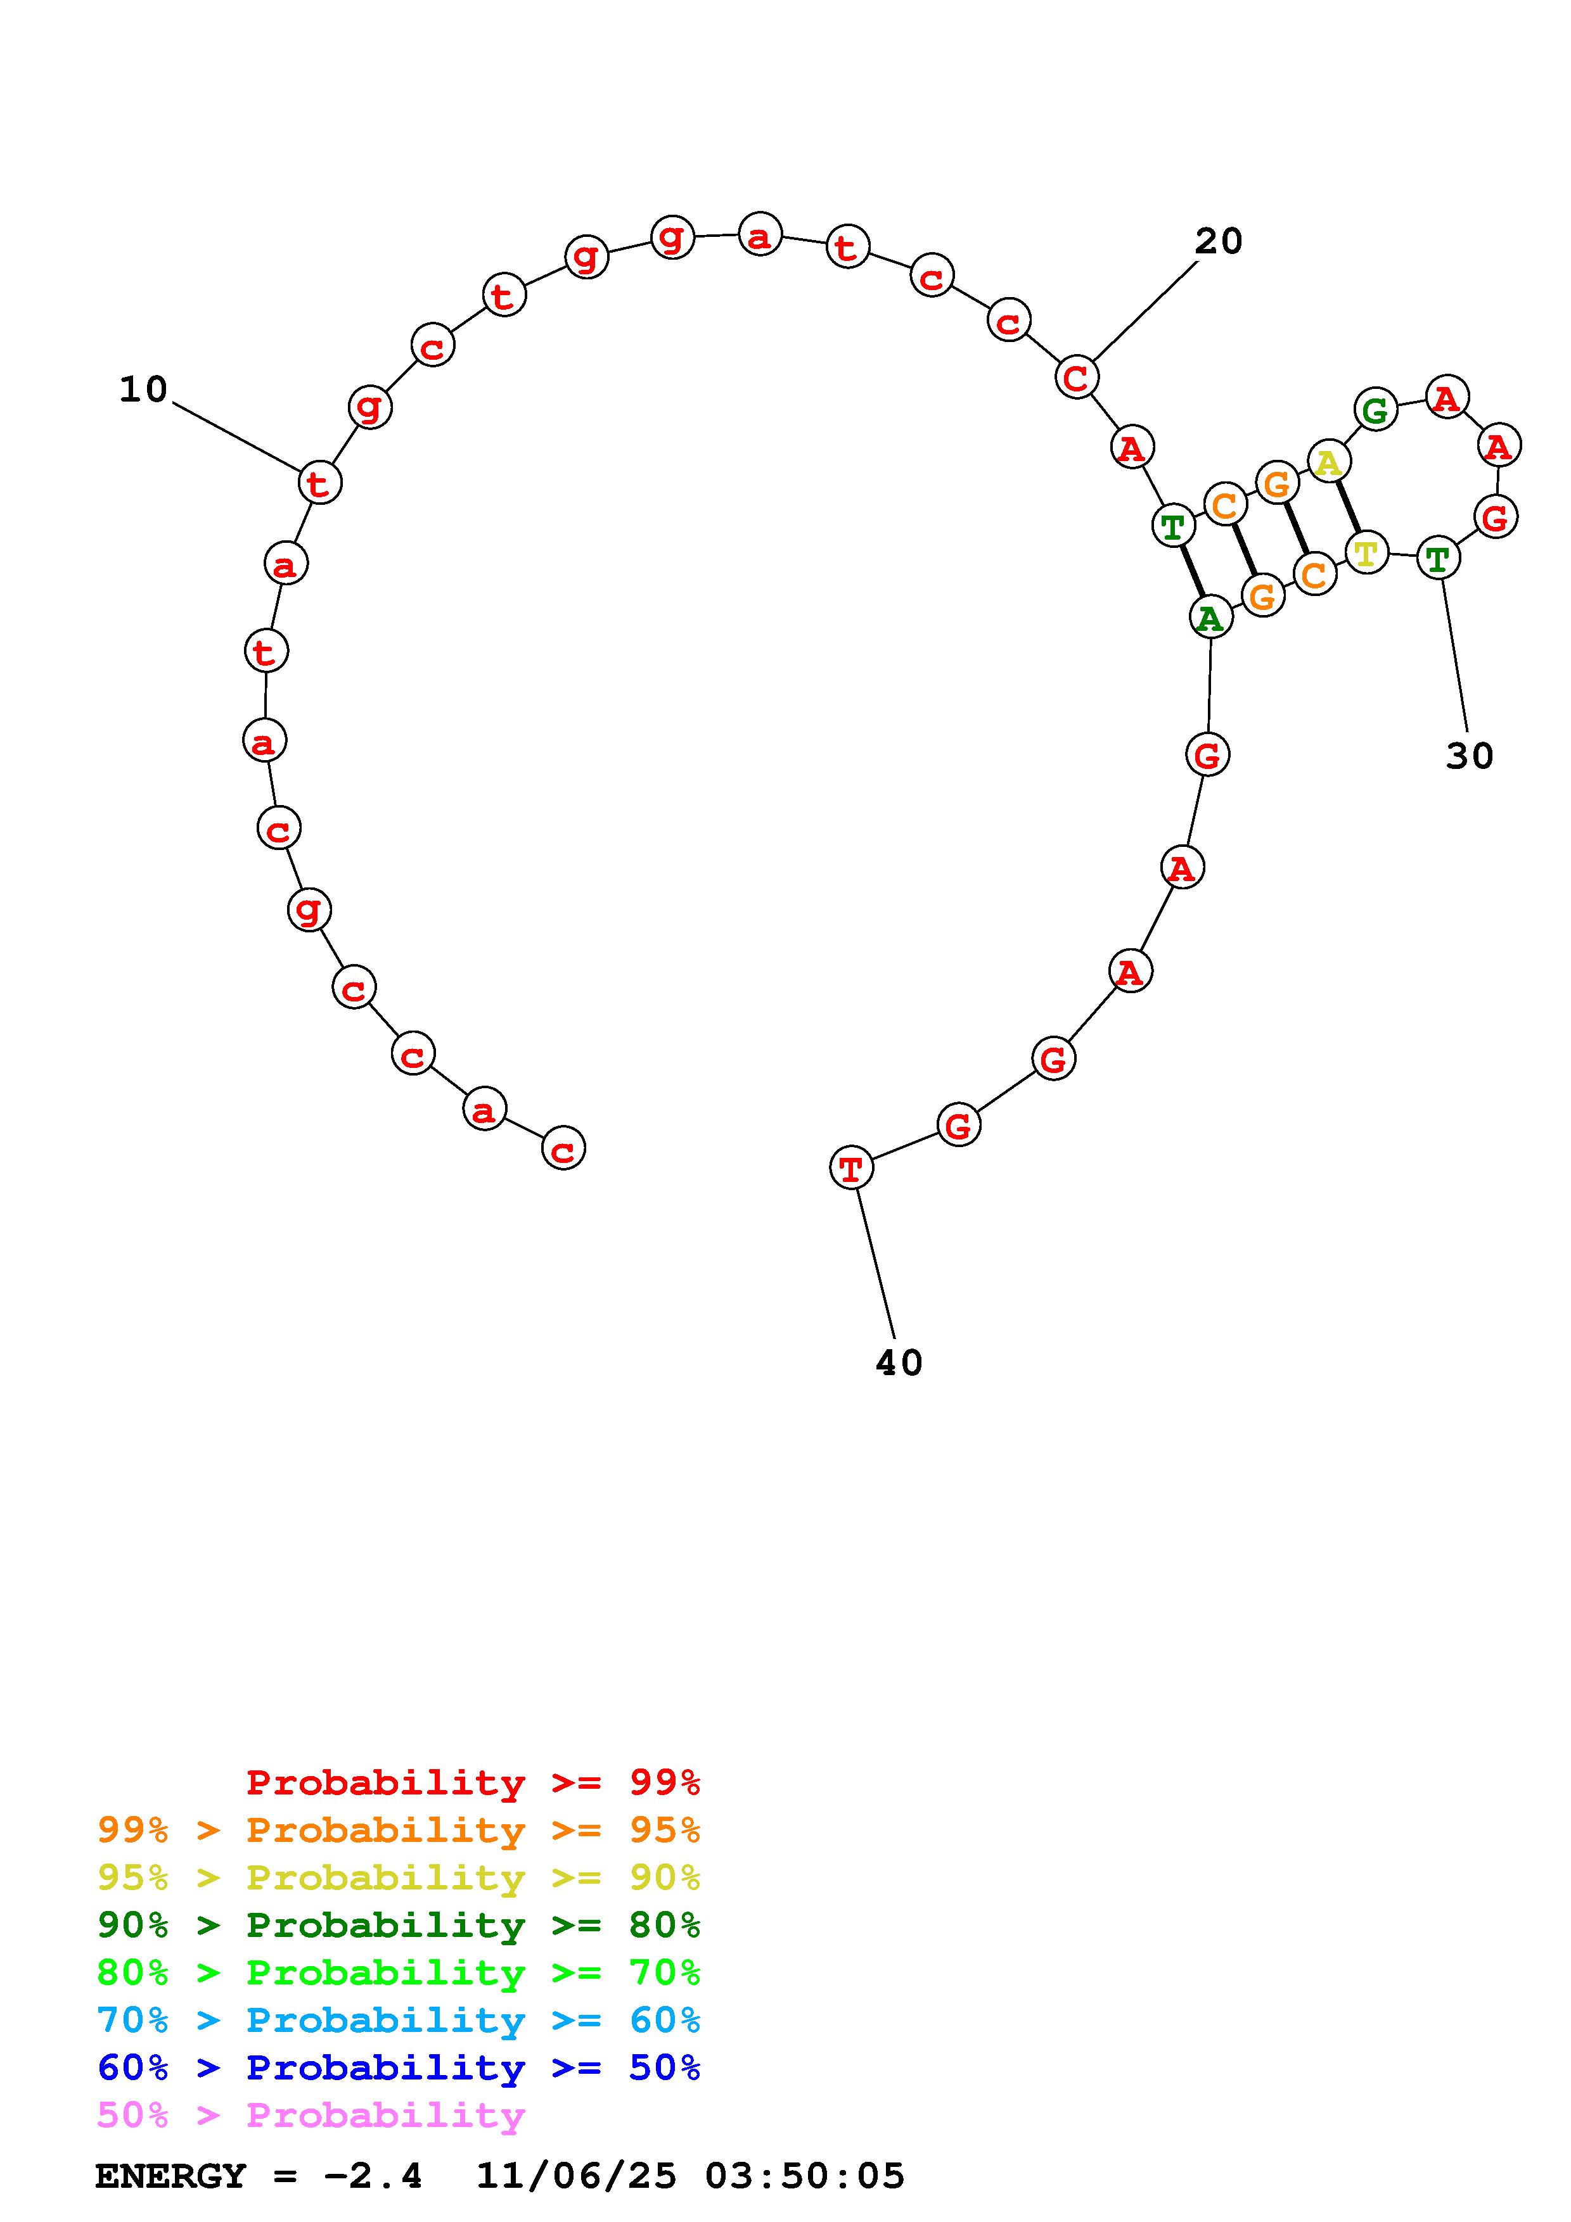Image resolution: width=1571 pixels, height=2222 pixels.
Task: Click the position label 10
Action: (143, 390)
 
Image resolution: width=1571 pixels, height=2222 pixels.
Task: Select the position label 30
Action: (1470, 756)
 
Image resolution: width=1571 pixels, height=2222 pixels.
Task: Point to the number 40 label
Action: (898, 1362)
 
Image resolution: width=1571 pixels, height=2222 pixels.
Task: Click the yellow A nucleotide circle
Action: (1329, 462)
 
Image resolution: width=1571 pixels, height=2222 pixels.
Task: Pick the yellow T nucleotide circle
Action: (1366, 554)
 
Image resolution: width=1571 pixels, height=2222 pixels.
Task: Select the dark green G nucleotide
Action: (1375, 410)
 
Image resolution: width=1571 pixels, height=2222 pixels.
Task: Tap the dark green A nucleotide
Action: (1210, 618)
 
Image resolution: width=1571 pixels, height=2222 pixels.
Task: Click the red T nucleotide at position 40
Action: (852, 1168)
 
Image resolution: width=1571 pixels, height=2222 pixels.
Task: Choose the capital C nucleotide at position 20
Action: (1076, 378)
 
